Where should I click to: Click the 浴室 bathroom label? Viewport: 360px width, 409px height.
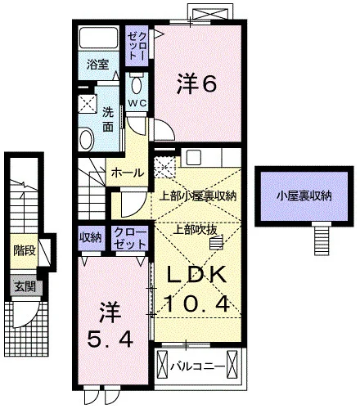click(x=98, y=65)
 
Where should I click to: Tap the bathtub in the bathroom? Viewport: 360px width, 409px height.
click(x=99, y=38)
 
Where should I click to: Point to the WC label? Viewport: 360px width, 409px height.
click(x=137, y=103)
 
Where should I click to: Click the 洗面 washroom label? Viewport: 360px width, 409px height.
click(x=108, y=119)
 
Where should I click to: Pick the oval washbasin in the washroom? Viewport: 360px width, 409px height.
click(x=87, y=138)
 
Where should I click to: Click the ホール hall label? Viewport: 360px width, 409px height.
click(x=128, y=173)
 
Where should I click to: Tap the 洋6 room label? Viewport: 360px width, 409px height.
click(x=197, y=83)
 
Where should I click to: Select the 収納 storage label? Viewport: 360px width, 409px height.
click(x=91, y=238)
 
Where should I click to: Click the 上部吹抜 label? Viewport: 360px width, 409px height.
click(x=196, y=231)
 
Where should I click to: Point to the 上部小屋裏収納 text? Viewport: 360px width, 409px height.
click(x=198, y=196)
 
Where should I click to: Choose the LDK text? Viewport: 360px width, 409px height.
click(x=197, y=274)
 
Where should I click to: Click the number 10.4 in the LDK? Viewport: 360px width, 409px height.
click(x=196, y=304)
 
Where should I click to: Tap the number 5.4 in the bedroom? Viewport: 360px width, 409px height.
click(x=110, y=339)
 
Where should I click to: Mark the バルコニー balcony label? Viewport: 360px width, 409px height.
click(x=198, y=366)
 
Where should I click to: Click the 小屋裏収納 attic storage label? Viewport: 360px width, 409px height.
click(x=304, y=196)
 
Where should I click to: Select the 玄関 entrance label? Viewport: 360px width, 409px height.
click(x=25, y=286)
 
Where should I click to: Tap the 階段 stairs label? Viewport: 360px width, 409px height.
click(x=25, y=250)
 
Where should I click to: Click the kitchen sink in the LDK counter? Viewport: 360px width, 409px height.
click(x=193, y=158)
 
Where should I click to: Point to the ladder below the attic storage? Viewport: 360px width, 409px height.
click(x=322, y=239)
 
